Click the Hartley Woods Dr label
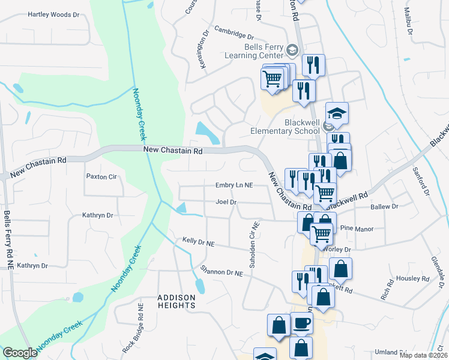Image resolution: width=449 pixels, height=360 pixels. pos(53,14)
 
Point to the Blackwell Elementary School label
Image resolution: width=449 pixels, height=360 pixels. pos(285,127)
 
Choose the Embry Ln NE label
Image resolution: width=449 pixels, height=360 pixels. pos(235,186)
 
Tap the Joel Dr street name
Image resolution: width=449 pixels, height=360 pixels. pos(226,202)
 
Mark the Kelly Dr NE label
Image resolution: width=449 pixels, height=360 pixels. pos(198,242)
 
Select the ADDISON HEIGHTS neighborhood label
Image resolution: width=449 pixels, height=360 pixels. pos(176,301)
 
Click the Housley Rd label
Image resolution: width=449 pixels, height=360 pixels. pos(413,279)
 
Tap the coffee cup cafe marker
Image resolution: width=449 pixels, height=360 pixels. pos(301,323)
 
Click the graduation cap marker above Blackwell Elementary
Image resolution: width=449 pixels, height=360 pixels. pos(337,113)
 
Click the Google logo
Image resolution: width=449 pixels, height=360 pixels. pos(20,353)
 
